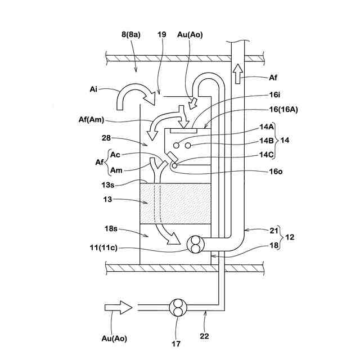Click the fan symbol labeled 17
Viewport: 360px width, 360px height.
point(178,308)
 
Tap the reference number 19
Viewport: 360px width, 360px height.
point(162,34)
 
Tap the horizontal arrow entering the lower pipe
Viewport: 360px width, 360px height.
point(118,307)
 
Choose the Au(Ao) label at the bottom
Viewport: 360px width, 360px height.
point(115,339)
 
